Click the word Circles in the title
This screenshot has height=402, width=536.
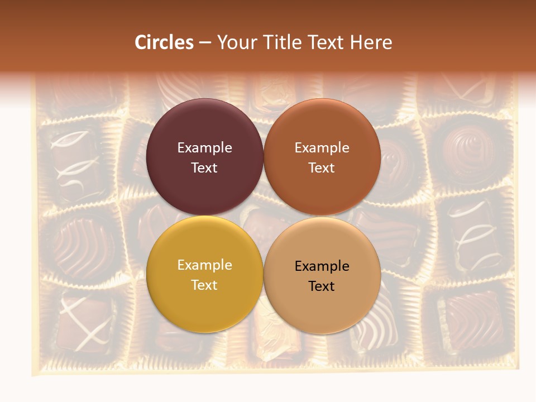click(x=164, y=42)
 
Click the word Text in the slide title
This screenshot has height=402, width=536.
click(x=328, y=42)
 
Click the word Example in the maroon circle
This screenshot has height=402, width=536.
click(x=204, y=148)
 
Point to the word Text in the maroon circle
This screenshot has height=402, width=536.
click(x=204, y=168)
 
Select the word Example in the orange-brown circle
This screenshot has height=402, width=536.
click(x=322, y=148)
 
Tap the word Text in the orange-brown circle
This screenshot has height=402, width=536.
click(x=322, y=168)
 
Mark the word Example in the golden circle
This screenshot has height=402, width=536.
click(x=204, y=265)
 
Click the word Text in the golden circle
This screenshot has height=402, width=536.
click(x=204, y=285)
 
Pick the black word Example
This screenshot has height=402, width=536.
click(x=322, y=266)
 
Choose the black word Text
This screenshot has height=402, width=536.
click(x=322, y=286)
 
